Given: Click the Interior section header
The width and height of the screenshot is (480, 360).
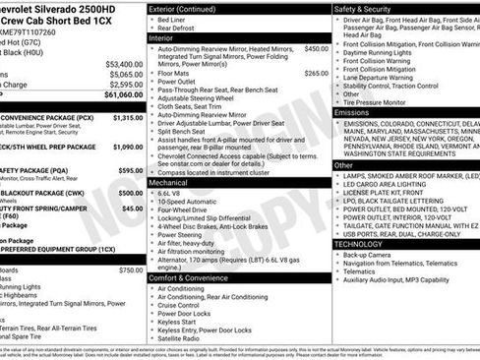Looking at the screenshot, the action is pos(163,38).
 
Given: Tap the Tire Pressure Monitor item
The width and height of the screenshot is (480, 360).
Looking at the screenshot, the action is pos(386,101).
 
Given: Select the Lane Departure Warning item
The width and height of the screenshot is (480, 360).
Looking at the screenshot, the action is pos(388,75).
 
